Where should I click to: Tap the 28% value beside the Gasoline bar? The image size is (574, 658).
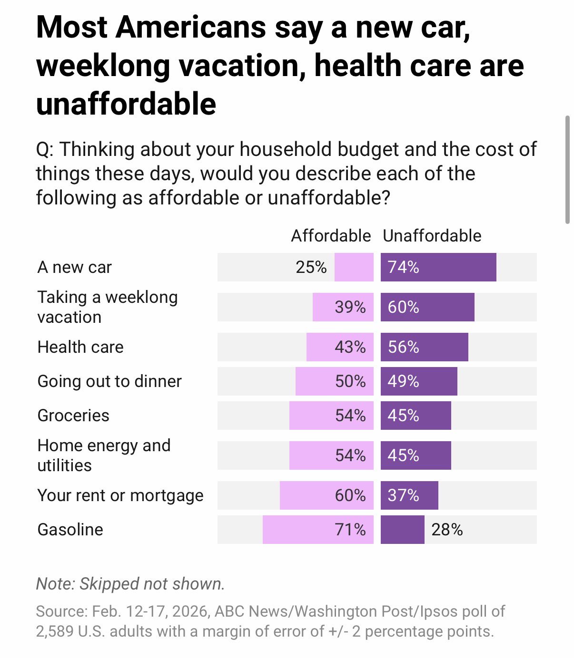447,530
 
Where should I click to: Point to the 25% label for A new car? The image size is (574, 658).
311,267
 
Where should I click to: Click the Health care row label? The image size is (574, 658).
80,347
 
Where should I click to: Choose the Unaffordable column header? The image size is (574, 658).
432,236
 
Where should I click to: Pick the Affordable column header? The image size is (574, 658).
331,236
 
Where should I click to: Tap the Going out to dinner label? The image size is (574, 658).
109,381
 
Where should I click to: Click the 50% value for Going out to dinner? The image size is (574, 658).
350,381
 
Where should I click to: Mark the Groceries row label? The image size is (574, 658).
73,416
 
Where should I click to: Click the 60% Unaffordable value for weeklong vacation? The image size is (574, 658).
403,307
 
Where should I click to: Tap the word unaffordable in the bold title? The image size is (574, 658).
126,104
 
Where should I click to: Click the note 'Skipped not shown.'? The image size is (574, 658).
130,583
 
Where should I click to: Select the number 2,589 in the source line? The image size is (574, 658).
54,631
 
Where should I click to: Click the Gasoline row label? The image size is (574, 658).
70,530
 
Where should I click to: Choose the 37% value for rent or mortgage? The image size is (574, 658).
403,495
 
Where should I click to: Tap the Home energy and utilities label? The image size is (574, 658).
104,455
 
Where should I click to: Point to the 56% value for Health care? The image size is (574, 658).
403,347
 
